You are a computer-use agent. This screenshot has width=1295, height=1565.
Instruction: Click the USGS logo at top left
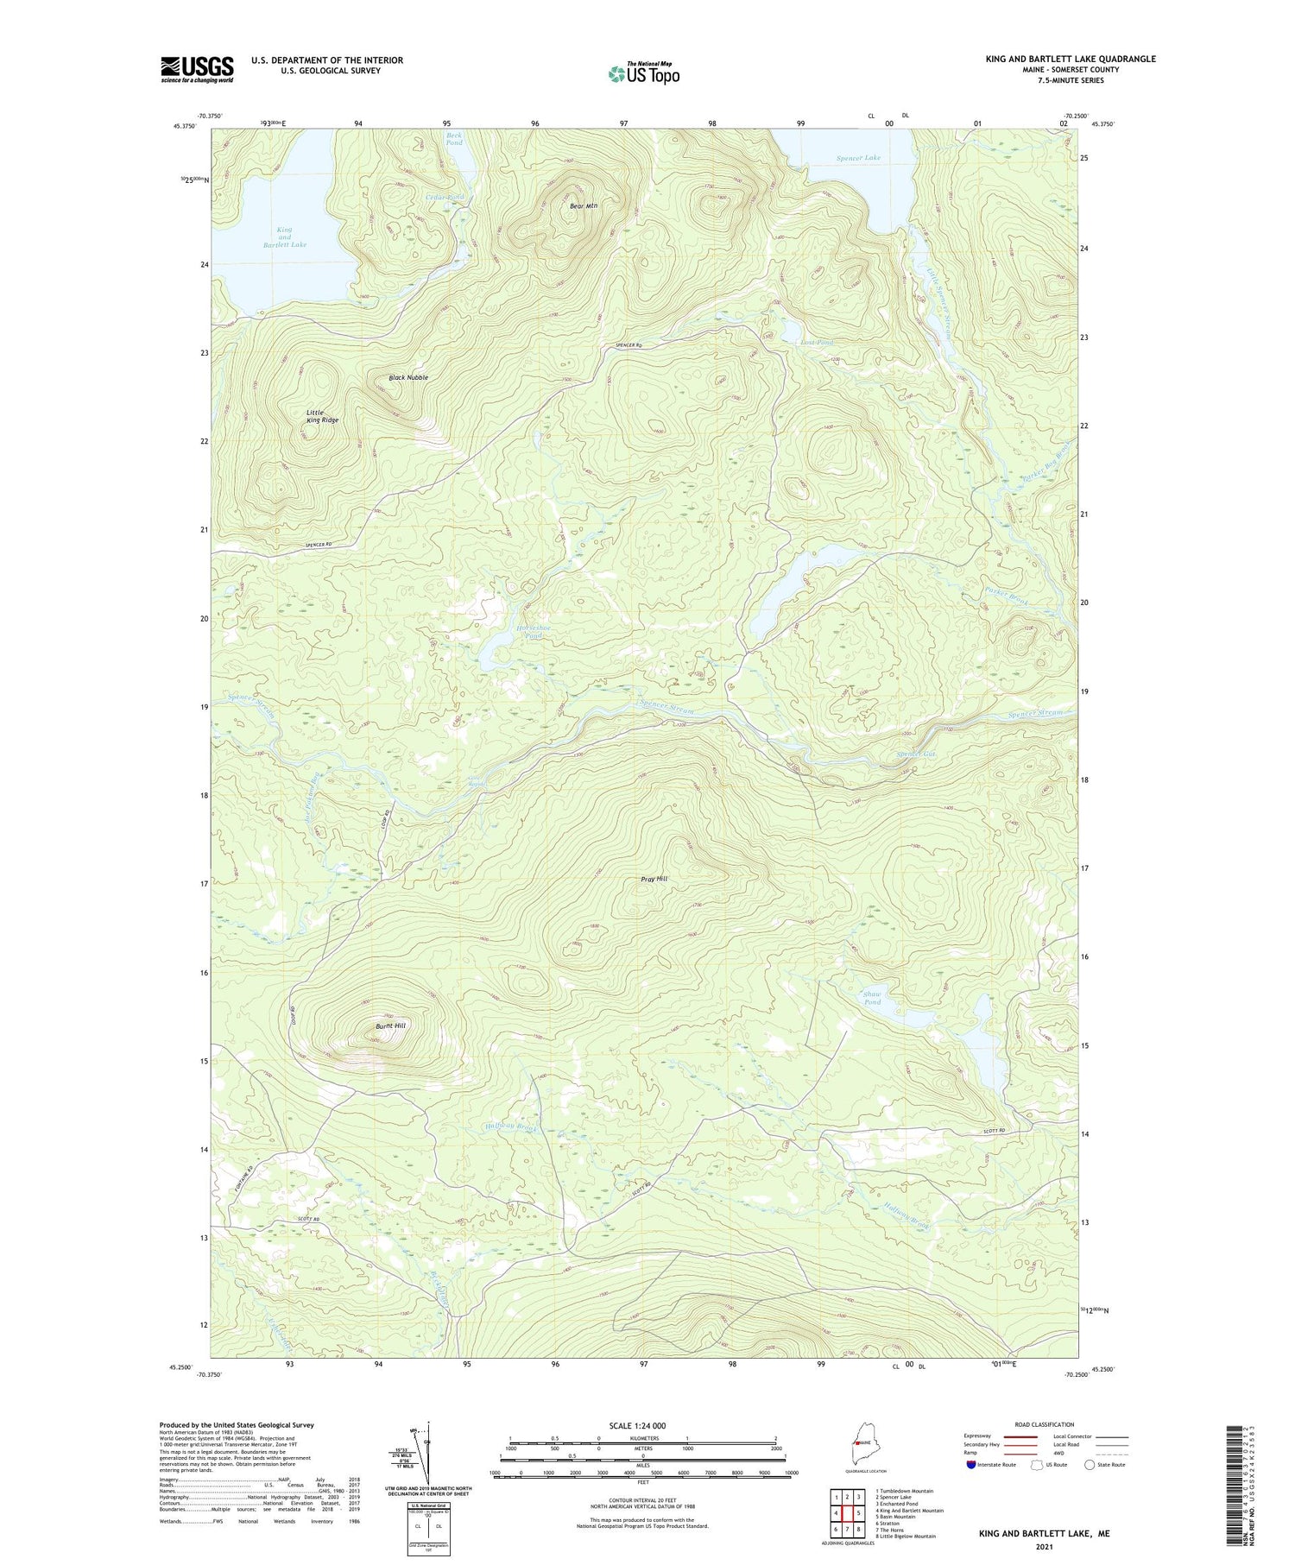click(197, 69)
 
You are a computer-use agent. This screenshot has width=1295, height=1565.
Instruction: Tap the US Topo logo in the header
click(643, 73)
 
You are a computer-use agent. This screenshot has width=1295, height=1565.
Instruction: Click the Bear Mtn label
click(584, 206)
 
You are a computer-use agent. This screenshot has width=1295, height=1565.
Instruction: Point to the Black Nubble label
click(408, 378)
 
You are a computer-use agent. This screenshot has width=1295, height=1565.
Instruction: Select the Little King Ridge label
click(322, 416)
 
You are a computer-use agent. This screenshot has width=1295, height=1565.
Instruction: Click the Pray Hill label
click(654, 879)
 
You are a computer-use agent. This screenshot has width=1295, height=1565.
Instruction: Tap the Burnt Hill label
click(390, 1025)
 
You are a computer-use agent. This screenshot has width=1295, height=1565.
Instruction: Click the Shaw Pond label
click(873, 998)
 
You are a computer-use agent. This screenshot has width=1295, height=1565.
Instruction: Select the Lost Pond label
click(817, 343)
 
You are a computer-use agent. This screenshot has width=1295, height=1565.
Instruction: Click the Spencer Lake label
click(858, 158)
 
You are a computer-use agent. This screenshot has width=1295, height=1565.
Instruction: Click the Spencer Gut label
click(916, 754)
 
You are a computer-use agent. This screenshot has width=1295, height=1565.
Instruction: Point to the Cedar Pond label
click(445, 197)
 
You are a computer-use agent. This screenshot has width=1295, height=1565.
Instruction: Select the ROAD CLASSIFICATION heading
click(1044, 1424)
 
